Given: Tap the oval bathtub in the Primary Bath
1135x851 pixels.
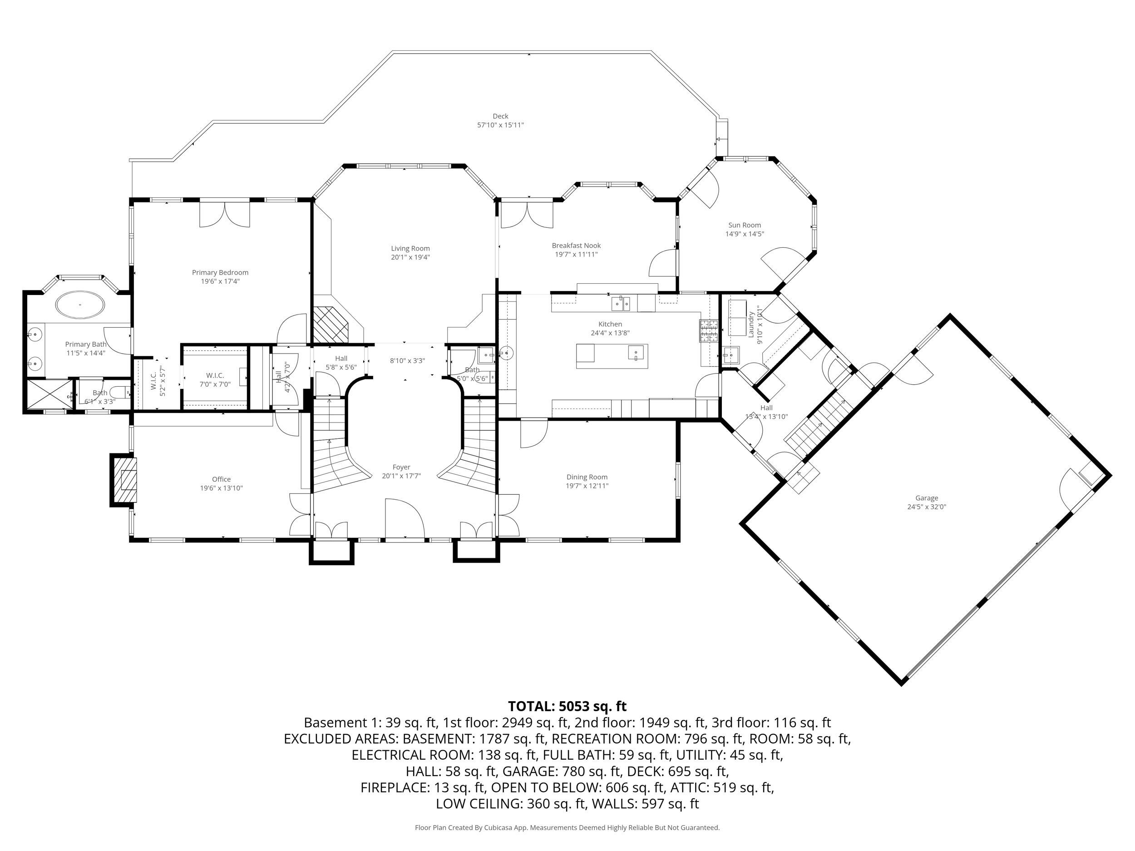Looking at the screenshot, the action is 80,305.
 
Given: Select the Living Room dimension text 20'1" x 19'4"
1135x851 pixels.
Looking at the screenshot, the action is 410,257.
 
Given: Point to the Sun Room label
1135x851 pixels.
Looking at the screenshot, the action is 745,225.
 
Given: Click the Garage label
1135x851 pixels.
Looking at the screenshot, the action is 927,498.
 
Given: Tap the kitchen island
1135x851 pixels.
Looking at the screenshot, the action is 612,356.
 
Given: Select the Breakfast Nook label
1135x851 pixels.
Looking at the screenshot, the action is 576,246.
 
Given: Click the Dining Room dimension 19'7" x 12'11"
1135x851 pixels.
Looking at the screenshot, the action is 587,486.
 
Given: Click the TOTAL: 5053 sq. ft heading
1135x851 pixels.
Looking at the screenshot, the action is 567,706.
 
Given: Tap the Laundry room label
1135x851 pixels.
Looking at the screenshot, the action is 750,324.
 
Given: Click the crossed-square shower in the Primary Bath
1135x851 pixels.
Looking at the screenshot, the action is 49,394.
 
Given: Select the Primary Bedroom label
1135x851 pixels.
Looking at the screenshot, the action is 220,272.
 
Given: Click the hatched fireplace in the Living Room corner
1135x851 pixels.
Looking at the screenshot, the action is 331,325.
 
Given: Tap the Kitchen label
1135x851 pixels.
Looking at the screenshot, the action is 610,324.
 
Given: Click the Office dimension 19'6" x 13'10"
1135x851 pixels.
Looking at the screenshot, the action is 221,488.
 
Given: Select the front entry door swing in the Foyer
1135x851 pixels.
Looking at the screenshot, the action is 405,517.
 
